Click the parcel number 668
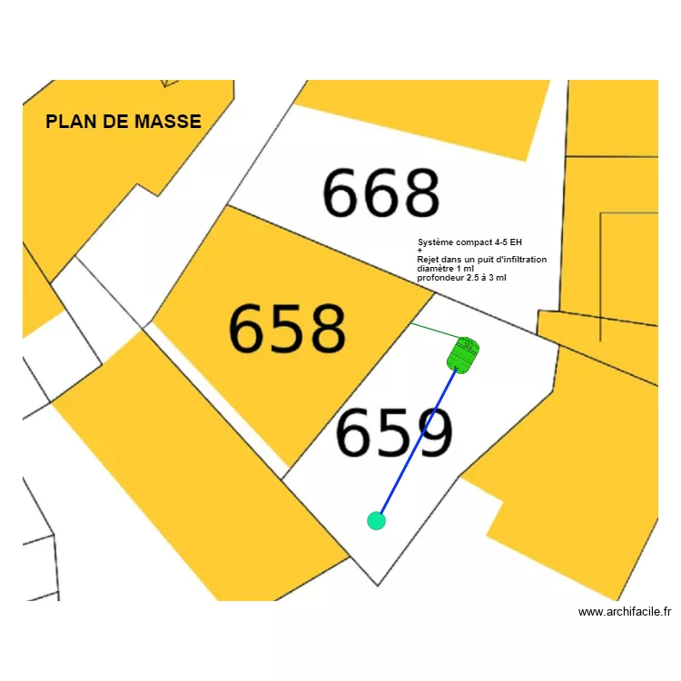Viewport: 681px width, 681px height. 381,193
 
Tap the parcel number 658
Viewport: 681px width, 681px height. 287,329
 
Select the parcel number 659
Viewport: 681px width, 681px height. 394,432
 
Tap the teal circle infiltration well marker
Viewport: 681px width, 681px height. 376,520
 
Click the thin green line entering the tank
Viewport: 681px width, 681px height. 430,330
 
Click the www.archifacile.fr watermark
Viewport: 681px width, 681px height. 624,612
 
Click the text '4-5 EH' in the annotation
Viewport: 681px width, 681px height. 509,242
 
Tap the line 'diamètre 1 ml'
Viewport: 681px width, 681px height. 445,269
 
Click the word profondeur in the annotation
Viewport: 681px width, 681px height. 440,278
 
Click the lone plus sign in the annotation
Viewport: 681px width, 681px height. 419,251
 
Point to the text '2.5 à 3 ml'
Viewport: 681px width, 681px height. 487,278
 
